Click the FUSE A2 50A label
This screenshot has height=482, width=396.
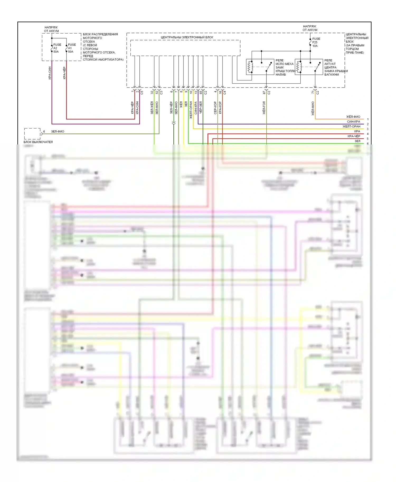click(x=57, y=48)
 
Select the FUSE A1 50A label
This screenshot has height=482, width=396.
click(x=72, y=48)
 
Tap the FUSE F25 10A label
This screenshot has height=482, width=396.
click(x=316, y=42)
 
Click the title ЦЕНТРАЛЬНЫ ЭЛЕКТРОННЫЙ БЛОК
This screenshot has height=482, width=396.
click(x=187, y=37)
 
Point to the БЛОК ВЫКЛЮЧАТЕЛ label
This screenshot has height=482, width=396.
click(x=38, y=142)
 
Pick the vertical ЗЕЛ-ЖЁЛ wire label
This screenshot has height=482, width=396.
click(x=152, y=108)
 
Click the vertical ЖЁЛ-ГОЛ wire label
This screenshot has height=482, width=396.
click(x=264, y=108)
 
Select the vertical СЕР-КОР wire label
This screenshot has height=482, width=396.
click(x=215, y=108)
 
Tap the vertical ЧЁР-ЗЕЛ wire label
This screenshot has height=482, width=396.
click(x=201, y=108)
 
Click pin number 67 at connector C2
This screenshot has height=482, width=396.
click(x=264, y=92)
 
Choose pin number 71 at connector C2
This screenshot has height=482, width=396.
click(x=313, y=92)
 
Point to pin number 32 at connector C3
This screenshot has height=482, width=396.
click(x=152, y=92)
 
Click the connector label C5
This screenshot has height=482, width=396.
click(x=142, y=93)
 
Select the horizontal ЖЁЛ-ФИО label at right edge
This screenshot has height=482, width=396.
click(x=353, y=117)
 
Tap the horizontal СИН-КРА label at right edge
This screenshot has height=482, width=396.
click(x=353, y=122)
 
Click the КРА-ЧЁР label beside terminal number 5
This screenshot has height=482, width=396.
click(x=354, y=136)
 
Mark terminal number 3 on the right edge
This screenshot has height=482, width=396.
click(x=368, y=129)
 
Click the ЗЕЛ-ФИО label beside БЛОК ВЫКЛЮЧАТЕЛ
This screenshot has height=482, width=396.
click(x=58, y=131)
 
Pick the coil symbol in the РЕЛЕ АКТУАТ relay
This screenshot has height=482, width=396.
click(x=299, y=67)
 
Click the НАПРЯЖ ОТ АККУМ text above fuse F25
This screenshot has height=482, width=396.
click(x=310, y=28)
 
